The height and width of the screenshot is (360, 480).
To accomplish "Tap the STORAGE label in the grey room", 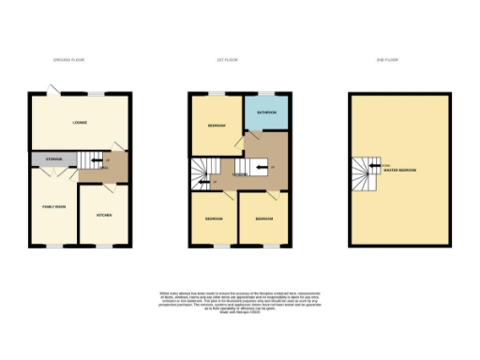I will pos(53,160).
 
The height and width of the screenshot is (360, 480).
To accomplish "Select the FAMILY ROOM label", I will pos(53,206).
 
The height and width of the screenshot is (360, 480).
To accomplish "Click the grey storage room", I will pos(52,160).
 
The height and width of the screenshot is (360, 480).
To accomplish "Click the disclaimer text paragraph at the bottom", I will pos(239,304).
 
